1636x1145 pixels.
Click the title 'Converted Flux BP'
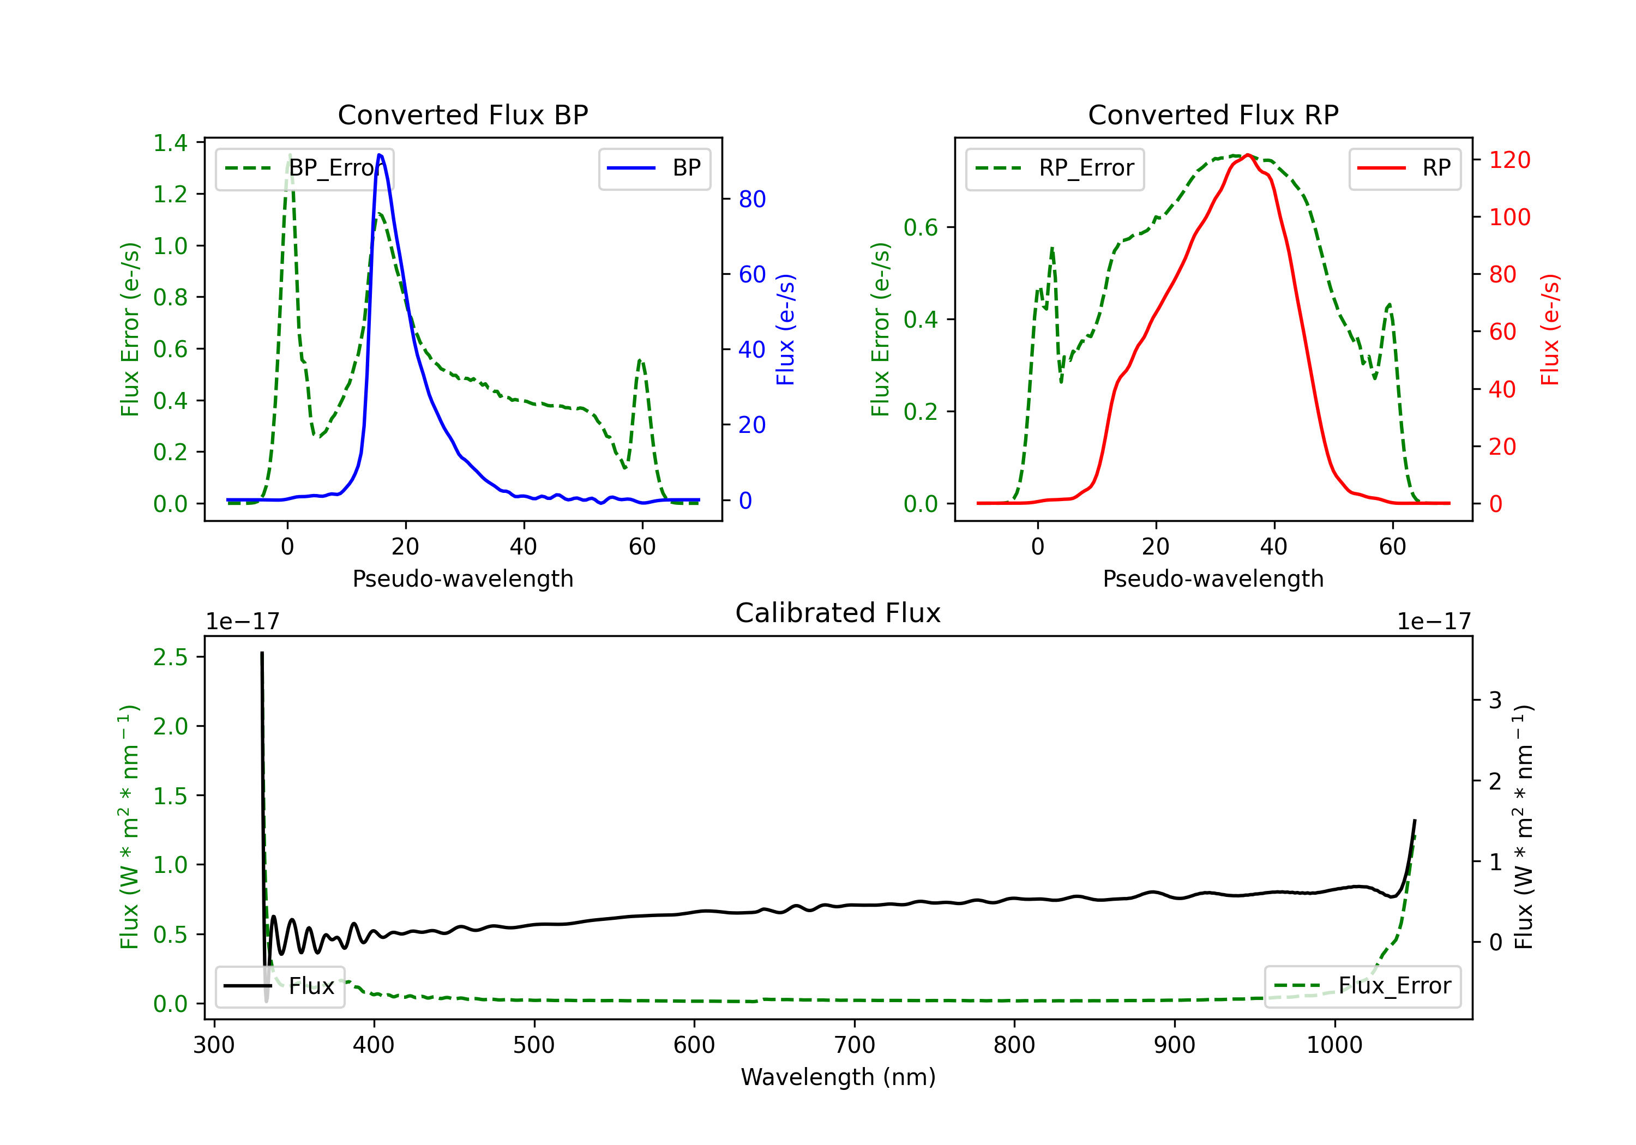click(463, 114)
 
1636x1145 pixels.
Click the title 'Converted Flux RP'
click(1213, 114)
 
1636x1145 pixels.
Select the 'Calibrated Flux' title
click(838, 613)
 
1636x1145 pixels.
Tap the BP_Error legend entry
click(304, 168)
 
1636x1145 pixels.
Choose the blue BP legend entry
click(654, 168)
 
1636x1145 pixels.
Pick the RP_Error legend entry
click(1055, 168)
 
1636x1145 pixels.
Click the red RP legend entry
click(1404, 168)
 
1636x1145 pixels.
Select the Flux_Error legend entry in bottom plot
click(1362, 986)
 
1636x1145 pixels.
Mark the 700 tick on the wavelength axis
click(855, 1045)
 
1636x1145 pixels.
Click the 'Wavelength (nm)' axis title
click(838, 1077)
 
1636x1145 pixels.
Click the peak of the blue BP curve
click(380, 155)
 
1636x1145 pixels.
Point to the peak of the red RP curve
click(1248, 155)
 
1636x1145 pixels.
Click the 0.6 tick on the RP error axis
click(921, 227)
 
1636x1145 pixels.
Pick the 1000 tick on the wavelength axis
click(1334, 1045)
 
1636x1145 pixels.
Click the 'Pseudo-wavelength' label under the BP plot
click(463, 578)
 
